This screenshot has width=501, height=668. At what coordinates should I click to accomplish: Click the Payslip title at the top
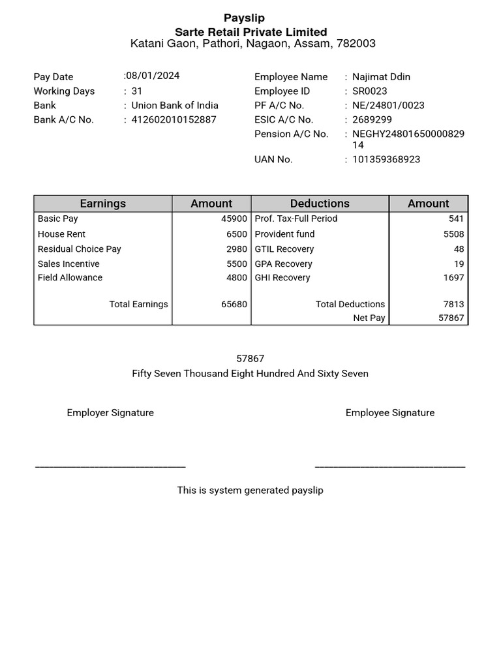tap(244, 18)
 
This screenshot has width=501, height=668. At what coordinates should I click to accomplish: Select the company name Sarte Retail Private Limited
tap(250, 32)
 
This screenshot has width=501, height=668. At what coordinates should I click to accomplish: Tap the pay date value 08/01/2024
tap(153, 76)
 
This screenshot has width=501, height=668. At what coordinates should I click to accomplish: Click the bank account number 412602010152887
tap(174, 119)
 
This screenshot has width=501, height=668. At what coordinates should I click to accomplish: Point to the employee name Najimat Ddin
tap(381, 76)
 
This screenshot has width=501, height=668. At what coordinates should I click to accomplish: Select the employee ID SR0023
tap(369, 91)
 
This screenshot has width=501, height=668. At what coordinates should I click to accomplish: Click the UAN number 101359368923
tap(386, 159)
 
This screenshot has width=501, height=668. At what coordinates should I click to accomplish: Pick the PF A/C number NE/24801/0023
tap(388, 105)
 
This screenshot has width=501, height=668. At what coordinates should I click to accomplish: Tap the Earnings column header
tap(102, 204)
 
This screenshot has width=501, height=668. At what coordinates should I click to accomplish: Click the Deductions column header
tap(320, 204)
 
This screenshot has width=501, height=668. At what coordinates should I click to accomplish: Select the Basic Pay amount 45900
tap(234, 219)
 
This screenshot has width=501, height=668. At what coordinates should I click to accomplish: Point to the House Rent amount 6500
tap(237, 234)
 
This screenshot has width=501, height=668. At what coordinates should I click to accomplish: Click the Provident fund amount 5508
tap(453, 234)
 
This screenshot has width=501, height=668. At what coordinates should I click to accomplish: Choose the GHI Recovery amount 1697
tap(453, 277)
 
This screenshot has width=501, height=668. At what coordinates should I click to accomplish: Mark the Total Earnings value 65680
tap(234, 304)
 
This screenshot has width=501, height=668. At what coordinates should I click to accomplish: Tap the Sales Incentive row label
tap(68, 264)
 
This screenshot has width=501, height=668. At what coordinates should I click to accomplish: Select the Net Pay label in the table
tap(369, 318)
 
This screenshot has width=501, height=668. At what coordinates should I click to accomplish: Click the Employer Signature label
tap(110, 412)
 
